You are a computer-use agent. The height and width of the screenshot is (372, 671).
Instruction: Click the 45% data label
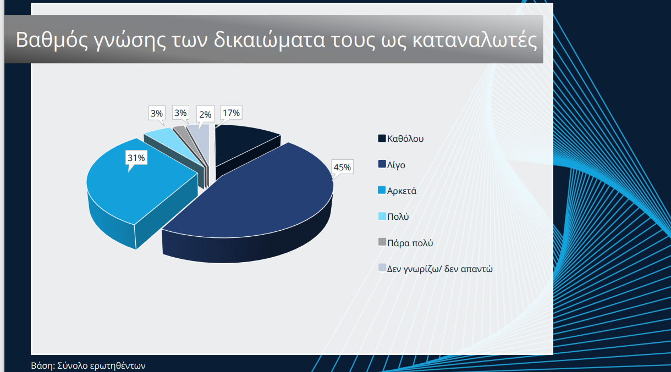point(342,166)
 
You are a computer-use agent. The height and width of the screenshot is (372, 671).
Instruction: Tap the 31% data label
point(136,158)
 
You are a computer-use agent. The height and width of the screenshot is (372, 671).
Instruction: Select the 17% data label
point(231,113)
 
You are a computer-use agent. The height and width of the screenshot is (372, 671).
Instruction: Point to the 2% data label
point(205,114)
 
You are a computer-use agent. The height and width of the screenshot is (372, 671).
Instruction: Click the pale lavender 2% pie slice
point(201,135)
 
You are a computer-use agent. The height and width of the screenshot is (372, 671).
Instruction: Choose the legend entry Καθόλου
point(401,138)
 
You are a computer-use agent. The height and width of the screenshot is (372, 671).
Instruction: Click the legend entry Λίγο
point(392,165)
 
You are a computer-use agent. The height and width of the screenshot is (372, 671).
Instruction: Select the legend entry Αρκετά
point(397,191)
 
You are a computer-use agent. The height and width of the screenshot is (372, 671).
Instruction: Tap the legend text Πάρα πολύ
point(410,243)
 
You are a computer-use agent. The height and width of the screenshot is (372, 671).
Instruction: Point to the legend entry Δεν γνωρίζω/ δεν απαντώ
point(436,269)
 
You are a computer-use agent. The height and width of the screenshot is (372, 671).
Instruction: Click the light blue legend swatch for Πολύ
point(382,216)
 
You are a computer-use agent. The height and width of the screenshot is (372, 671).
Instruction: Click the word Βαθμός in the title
point(52,40)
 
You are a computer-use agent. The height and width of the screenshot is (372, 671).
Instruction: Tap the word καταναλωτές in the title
point(475,40)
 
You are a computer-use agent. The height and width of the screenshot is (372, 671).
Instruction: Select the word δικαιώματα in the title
point(269,40)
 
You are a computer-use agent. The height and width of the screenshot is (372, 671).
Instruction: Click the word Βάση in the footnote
point(43,365)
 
